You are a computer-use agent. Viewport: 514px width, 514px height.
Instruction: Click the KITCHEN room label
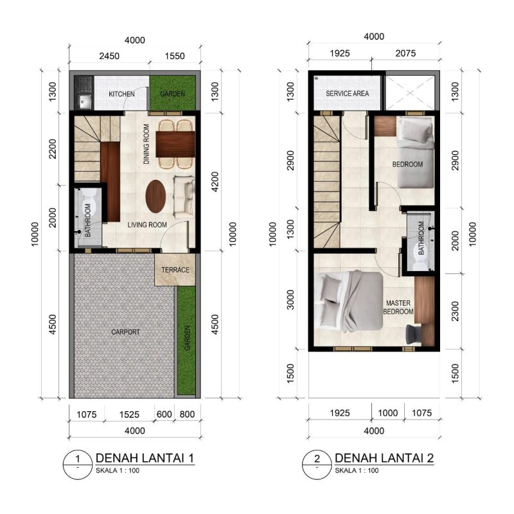pyautogui.click(x=121, y=94)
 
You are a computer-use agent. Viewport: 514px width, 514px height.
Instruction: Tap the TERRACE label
pyautogui.click(x=175, y=270)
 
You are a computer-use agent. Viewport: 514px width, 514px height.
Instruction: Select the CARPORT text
pyautogui.click(x=125, y=332)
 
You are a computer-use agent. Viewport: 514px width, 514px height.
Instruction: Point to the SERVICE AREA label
pyautogui.click(x=348, y=93)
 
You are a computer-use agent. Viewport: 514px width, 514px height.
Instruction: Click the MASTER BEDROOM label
pyautogui.click(x=398, y=307)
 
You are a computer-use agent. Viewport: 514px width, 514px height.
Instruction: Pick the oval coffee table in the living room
pyautogui.click(x=155, y=197)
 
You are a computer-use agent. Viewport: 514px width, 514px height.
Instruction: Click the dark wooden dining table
pyautogui.click(x=175, y=144)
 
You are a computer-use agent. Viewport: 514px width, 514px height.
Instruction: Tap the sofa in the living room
pyautogui.click(x=184, y=197)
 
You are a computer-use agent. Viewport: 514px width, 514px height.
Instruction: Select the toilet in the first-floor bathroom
pyautogui.click(x=89, y=201)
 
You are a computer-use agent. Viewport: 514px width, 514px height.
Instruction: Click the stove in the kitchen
pyautogui.click(x=85, y=84)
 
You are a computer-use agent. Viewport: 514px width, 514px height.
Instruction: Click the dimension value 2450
pyautogui.click(x=109, y=56)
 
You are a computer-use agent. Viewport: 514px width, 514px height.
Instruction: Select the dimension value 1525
pyautogui.click(x=129, y=414)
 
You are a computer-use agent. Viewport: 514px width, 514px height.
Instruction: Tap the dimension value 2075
pyautogui.click(x=405, y=53)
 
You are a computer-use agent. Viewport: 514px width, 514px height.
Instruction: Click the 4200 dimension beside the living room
pyautogui.click(x=215, y=182)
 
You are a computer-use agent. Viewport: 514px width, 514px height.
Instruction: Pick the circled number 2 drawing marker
pyautogui.click(x=317, y=464)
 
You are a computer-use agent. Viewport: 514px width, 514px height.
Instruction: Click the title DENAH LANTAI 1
pyautogui.click(x=145, y=457)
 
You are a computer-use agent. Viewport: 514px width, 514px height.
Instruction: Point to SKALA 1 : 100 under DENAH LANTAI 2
pyautogui.click(x=357, y=470)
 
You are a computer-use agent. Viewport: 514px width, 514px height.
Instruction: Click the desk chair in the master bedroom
pyautogui.click(x=414, y=333)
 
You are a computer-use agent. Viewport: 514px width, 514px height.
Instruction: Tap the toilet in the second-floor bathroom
pyautogui.click(x=421, y=261)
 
